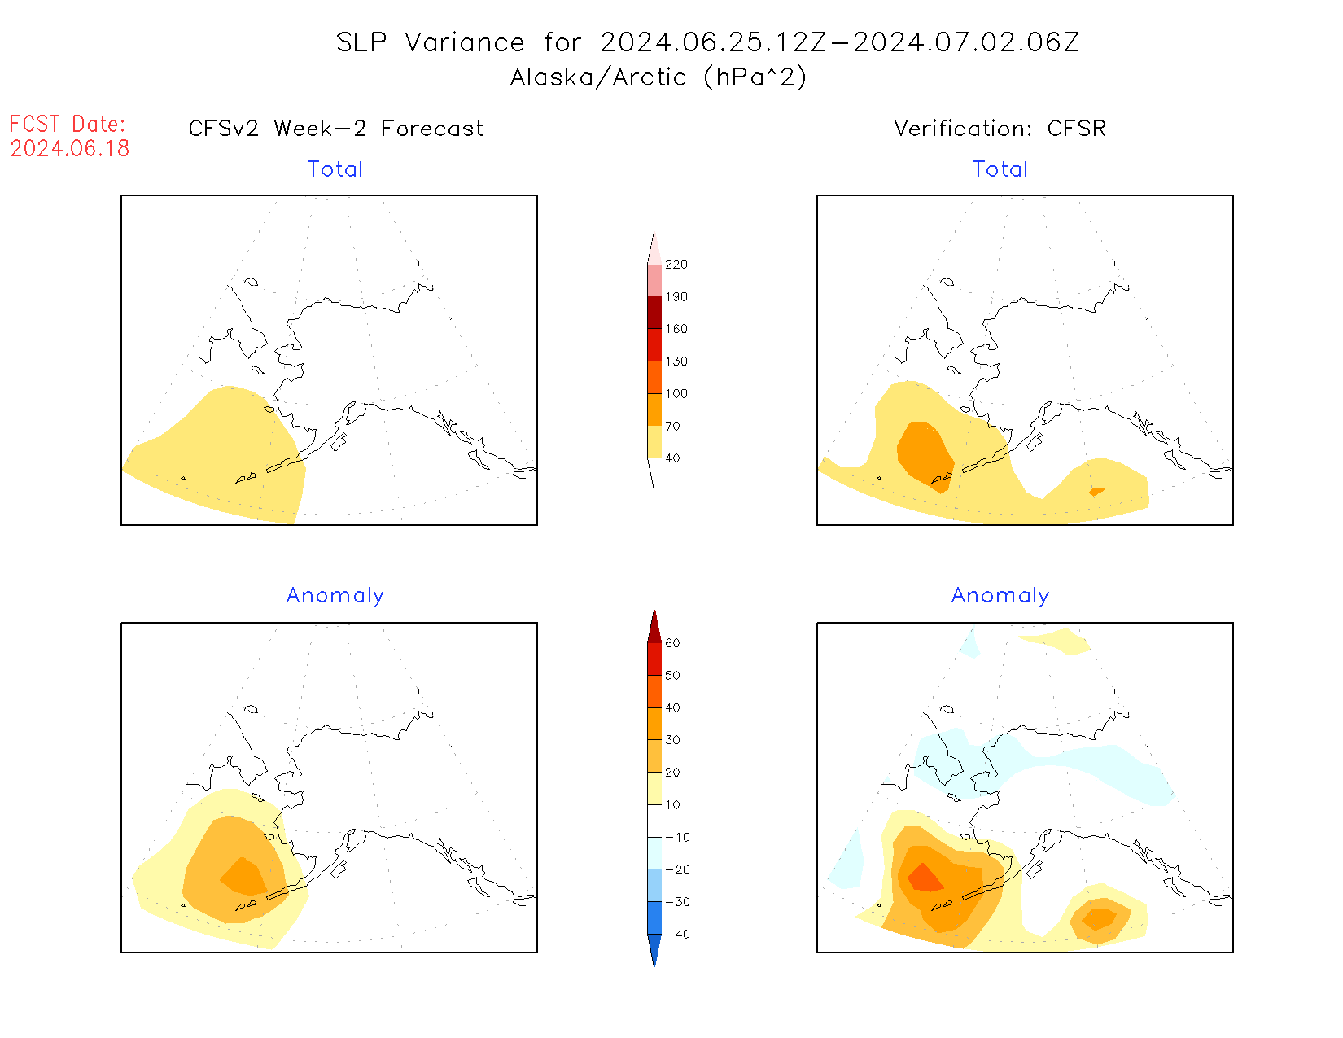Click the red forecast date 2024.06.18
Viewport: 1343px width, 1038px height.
70,148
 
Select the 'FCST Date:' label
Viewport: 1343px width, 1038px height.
68,124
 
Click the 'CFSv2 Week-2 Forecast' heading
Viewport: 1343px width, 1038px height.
336,129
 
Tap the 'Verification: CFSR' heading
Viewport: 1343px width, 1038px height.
1000,129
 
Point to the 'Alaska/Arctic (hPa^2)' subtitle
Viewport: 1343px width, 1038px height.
658,77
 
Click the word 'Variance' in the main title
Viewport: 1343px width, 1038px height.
465,42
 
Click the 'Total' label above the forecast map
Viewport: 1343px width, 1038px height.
335,169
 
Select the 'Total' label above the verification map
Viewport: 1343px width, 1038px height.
1000,169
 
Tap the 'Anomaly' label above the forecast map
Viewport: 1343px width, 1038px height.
335,596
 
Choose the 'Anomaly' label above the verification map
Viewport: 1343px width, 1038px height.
1000,596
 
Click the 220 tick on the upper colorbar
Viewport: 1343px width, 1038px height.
676,265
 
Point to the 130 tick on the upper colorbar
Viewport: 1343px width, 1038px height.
676,361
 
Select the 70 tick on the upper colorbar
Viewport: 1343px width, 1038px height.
672,426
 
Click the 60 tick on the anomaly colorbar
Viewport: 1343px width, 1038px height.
672,643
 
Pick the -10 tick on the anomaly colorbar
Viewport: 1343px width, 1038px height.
677,837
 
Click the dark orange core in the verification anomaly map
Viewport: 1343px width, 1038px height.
924,878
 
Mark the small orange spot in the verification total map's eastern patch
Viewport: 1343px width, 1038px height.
1097,492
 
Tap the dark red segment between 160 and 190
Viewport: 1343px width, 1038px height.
654,313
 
